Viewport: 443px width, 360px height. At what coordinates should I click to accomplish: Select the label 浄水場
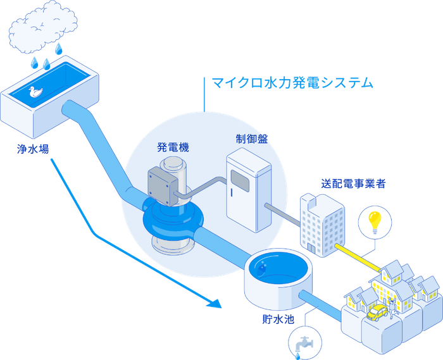(33, 149)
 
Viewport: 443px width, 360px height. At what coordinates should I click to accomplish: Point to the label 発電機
(173, 148)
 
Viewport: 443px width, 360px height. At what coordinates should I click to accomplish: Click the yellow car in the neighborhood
(377, 312)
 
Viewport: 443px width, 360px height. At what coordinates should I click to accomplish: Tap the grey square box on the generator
(164, 186)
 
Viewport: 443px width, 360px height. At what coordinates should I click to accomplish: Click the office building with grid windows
(322, 225)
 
